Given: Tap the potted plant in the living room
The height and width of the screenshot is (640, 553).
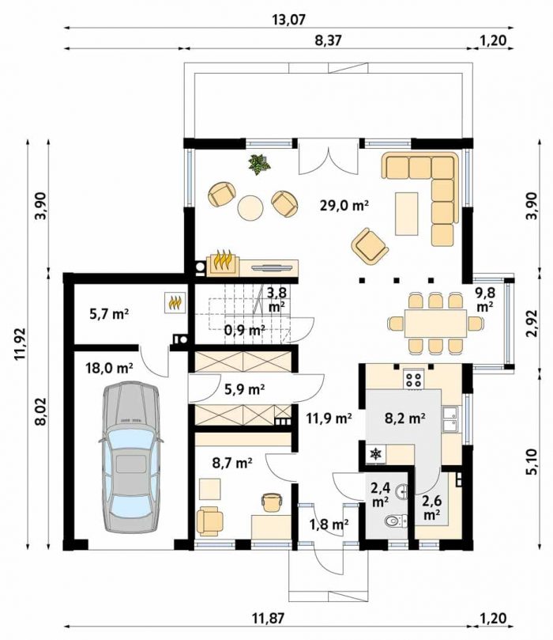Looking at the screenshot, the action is point(259,165).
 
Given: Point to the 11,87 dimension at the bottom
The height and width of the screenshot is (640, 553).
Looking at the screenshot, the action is point(268,619).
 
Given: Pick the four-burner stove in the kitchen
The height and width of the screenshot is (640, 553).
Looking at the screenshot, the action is point(414,380).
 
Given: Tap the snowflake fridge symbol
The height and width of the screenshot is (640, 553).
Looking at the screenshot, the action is point(375,453).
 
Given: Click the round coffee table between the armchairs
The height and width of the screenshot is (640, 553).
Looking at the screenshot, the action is point(250,208).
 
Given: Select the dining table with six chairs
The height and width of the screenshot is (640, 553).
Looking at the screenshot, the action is point(435,323).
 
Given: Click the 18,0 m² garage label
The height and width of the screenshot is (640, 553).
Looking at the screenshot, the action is point(109,368).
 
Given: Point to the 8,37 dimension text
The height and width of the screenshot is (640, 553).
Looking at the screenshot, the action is point(328,40).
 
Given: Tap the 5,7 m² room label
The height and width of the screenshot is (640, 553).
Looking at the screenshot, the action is point(108,314).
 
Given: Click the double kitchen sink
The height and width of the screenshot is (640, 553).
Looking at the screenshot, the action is point(450,418).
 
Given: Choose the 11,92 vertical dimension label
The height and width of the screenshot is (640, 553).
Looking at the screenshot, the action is point(21,343).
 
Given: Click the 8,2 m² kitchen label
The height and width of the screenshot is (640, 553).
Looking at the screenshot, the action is point(405,418).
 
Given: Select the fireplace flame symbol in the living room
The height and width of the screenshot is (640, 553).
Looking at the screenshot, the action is point(223,262).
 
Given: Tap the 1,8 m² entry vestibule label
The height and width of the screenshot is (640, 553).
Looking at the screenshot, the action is point(329,524).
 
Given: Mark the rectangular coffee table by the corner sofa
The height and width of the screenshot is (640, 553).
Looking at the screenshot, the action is point(407,214).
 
